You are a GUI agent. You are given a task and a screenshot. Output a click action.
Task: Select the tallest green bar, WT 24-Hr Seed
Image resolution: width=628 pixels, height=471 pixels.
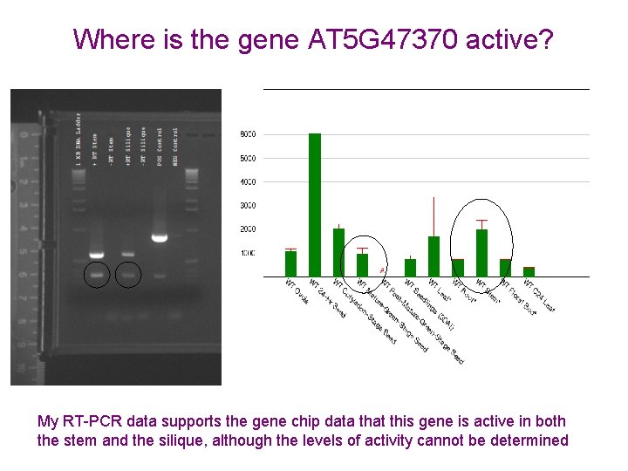click(x=315, y=204)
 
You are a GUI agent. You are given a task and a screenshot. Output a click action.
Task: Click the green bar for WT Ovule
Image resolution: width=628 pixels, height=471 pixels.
click(x=291, y=263)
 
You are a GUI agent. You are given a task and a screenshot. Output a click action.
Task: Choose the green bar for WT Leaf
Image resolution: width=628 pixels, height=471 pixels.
click(x=433, y=256)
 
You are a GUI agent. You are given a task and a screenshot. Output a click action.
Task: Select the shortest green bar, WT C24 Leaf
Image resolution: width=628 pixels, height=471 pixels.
click(x=529, y=272)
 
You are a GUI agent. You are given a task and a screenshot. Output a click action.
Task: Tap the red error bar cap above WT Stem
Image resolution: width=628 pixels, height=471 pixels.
click(x=481, y=221)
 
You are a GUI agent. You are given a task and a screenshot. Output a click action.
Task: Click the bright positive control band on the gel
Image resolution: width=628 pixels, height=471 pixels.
click(x=160, y=237)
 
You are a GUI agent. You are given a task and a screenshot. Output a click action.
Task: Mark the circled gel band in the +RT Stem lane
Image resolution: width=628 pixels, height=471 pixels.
click(x=97, y=275)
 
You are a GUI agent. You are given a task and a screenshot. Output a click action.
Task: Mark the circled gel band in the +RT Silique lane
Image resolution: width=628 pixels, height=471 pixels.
click(x=128, y=275)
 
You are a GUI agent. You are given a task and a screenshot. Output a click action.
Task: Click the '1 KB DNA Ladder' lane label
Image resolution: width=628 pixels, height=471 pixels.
click(x=78, y=140)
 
